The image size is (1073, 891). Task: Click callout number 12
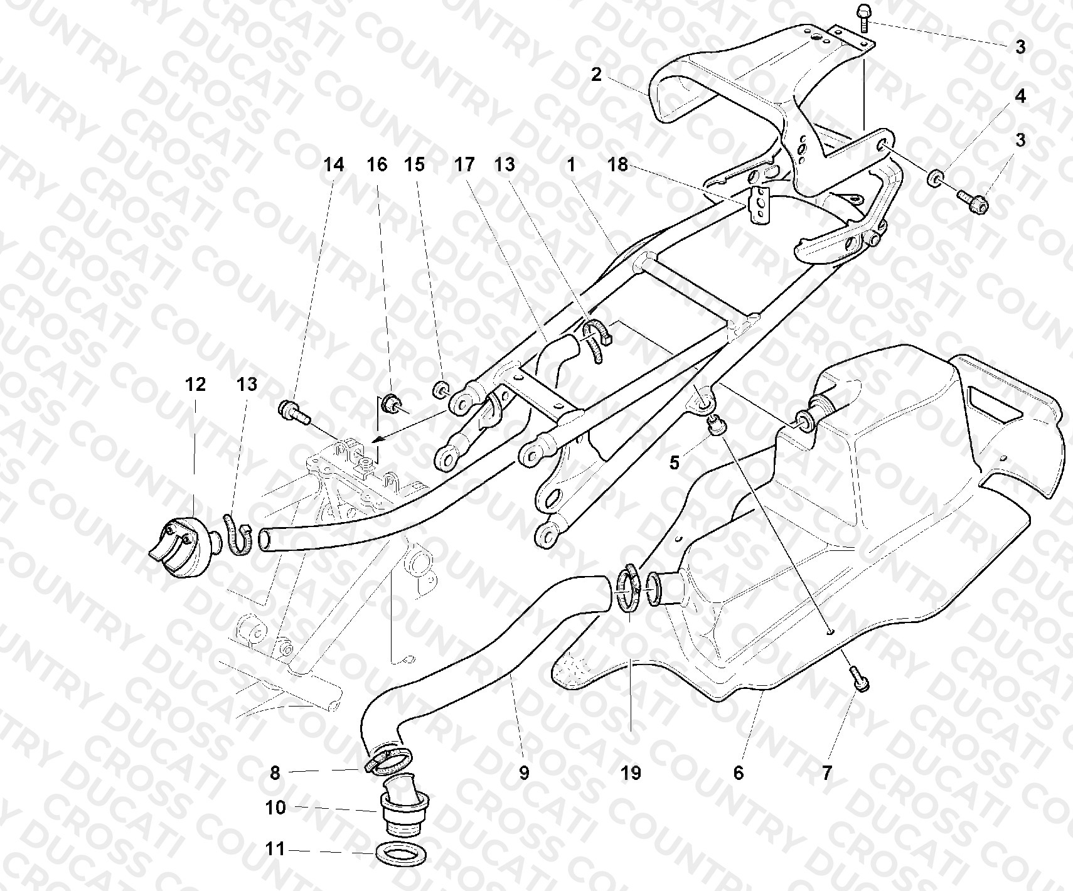coord(195,384)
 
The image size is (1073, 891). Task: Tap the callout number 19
coord(632,773)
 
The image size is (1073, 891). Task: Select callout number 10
coord(275,808)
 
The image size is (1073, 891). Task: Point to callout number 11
coord(275,850)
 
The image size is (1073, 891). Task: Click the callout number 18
coord(618,164)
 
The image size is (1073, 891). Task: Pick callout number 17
coord(464,164)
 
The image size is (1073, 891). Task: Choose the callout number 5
coord(675,463)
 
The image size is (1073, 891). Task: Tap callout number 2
coord(596,75)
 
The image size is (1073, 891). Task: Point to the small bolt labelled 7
coord(858,680)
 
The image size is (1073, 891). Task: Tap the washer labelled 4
coord(935,178)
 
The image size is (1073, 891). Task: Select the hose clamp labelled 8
coord(387,759)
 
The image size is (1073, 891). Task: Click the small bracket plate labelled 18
coord(759,204)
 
